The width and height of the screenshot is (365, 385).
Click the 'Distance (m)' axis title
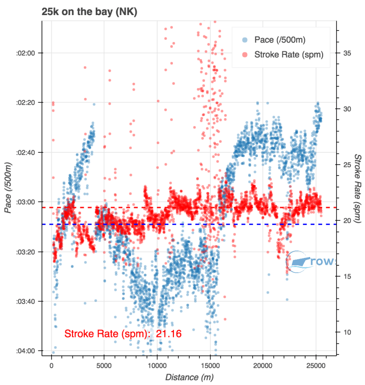(x=189, y=377)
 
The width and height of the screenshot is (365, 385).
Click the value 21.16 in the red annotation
(x=169, y=334)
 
